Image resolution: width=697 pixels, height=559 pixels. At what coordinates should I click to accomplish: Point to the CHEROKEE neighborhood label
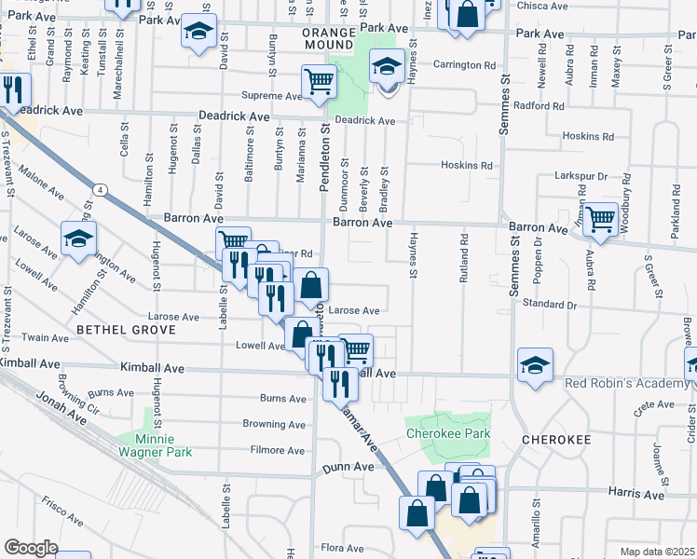click(x=556, y=439)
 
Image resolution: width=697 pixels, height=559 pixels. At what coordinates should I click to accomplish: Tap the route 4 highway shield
click(x=100, y=190)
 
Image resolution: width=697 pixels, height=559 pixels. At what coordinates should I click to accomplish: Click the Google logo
click(x=31, y=548)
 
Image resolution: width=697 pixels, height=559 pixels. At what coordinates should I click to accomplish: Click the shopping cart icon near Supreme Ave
click(x=320, y=81)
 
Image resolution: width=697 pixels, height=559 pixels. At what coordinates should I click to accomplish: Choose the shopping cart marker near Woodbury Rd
click(x=601, y=219)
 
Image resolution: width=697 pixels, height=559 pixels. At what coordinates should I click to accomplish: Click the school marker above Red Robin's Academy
click(x=535, y=364)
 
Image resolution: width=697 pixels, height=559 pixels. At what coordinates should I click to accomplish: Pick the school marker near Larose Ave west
click(x=79, y=238)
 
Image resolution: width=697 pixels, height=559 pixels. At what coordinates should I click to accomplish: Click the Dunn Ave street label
click(x=342, y=467)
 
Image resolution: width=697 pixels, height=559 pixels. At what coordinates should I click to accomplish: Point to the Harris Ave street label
click(x=639, y=495)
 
